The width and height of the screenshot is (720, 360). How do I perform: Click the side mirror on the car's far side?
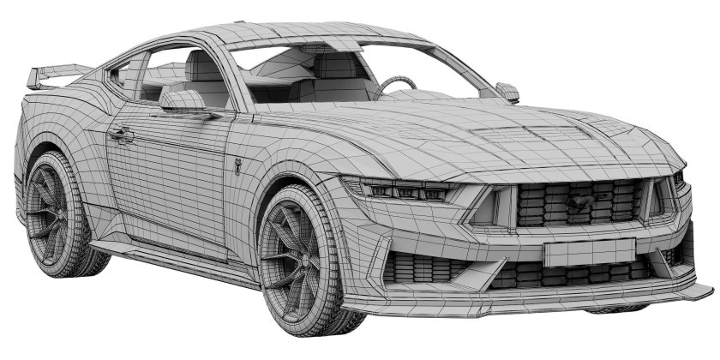tap(507, 91)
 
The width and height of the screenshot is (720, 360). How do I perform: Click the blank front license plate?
tap(588, 251)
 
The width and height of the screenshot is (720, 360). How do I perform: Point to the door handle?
tap(121, 134)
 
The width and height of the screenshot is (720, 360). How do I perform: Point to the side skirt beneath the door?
tap(171, 257)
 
